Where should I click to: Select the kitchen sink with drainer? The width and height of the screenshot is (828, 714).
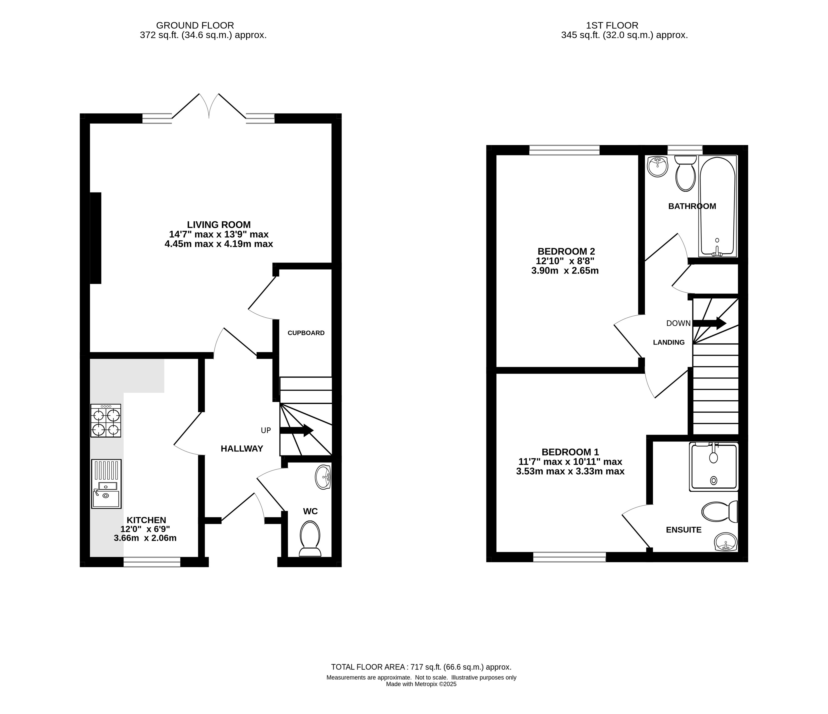click(106, 484)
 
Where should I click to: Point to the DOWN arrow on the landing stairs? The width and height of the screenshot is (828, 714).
click(709, 323)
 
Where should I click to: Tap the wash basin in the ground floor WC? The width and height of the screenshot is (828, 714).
click(323, 477)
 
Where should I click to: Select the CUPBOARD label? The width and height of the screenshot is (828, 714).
click(306, 333)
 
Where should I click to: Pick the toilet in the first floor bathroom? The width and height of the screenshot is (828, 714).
click(685, 173)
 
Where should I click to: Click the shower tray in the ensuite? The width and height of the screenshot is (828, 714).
click(714, 466)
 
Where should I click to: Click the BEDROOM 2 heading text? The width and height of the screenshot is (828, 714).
click(566, 251)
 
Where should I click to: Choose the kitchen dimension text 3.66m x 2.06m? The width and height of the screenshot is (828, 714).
click(145, 538)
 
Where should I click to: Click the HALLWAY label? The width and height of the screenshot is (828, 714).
click(242, 449)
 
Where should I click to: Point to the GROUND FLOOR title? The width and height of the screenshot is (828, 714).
click(195, 26)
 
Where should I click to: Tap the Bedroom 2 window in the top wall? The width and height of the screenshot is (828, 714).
click(564, 150)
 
